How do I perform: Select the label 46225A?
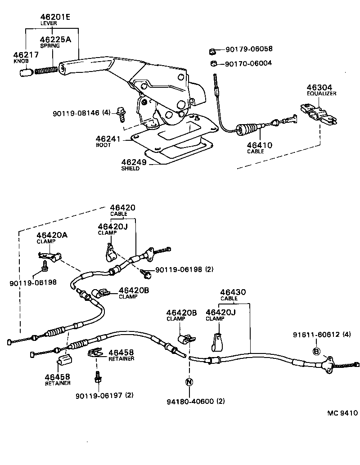point(55,39)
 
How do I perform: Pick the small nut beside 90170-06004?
point(215,63)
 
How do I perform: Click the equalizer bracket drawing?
point(317,114)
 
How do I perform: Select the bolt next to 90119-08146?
point(121,113)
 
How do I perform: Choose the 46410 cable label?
point(259,145)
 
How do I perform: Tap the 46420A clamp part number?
point(52,235)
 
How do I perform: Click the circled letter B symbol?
point(316,351)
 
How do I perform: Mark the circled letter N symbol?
point(189,382)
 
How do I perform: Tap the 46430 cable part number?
point(233,292)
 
